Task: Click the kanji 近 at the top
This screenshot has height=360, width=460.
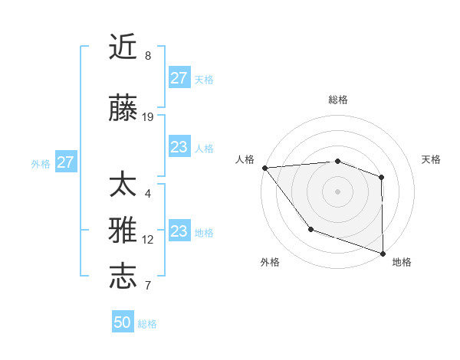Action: [123, 47]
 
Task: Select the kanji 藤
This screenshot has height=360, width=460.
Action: [123, 110]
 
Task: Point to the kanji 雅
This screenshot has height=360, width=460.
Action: [123, 231]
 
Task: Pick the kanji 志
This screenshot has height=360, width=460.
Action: [123, 277]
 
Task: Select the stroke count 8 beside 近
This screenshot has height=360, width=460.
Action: [148, 55]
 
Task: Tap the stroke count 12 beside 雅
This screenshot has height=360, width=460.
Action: [148, 240]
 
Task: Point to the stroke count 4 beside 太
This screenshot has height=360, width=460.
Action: [148, 194]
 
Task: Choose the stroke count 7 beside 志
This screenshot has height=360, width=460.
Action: [148, 285]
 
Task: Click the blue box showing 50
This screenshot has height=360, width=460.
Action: [123, 322]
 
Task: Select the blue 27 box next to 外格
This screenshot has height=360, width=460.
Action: [66, 162]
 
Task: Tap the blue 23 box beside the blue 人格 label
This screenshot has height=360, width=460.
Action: [179, 147]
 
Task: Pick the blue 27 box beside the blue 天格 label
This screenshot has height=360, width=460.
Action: [179, 78]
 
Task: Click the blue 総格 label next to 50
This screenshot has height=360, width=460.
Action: [147, 324]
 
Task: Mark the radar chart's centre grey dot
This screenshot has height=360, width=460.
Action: [337, 191]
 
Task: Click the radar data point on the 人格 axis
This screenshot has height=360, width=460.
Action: [264, 168]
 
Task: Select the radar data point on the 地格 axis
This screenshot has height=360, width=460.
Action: [383, 253]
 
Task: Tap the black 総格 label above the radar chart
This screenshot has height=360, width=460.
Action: [337, 100]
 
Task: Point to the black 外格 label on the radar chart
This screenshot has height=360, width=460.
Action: [270, 262]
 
